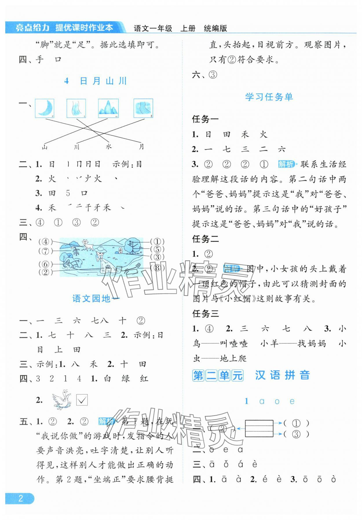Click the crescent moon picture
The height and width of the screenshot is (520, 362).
(x=45, y=108)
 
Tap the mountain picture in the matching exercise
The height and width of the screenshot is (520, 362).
(x=108, y=108)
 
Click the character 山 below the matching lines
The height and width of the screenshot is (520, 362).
(x=45, y=147)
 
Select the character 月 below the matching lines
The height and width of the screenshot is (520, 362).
(x=141, y=147)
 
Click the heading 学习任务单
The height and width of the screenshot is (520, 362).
(x=269, y=97)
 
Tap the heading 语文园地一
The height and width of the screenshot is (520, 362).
(x=96, y=298)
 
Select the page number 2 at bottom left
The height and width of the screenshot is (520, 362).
(x=20, y=498)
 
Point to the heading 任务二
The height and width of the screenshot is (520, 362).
(x=206, y=239)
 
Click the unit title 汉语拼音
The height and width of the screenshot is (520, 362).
(x=282, y=375)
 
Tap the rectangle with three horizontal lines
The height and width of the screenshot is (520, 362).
(x=259, y=428)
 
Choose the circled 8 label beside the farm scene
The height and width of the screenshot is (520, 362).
(x=157, y=268)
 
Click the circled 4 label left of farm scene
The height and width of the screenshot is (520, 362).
(x=45, y=242)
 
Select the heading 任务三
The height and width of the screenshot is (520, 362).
(x=206, y=314)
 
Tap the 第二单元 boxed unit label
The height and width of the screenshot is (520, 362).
(x=218, y=375)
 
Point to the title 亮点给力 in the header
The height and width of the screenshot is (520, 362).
(x=32, y=28)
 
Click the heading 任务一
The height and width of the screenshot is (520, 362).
(x=206, y=119)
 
